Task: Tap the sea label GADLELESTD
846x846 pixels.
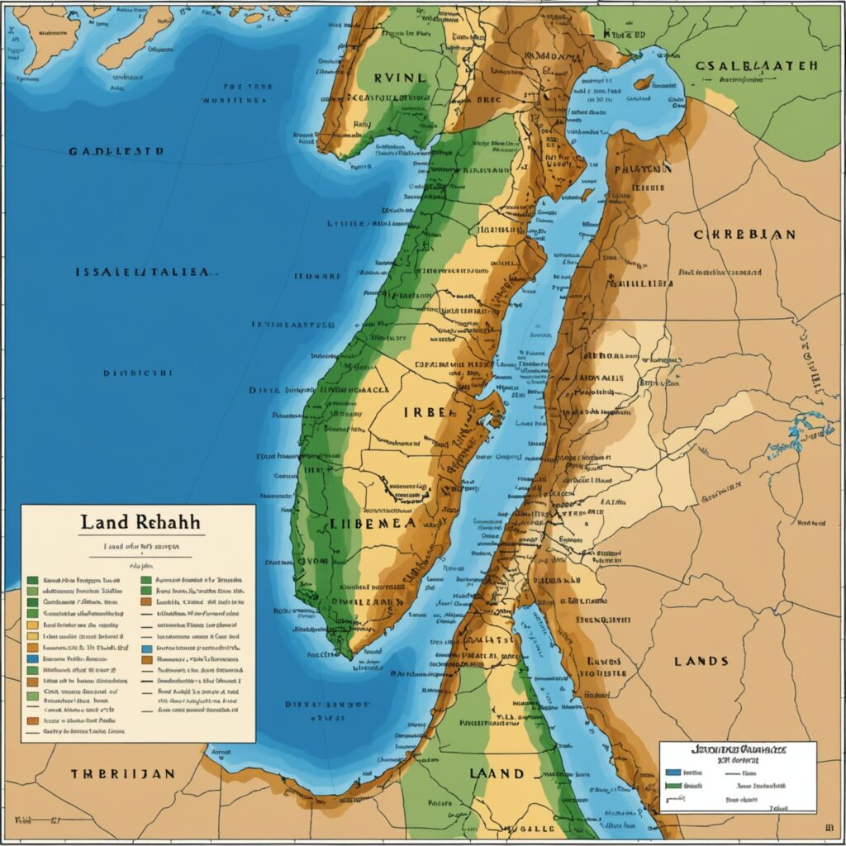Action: tap(116, 152)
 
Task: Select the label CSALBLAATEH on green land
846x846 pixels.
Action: tap(755, 65)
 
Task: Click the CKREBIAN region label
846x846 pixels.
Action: tap(744, 234)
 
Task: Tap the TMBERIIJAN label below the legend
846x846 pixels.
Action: tap(121, 773)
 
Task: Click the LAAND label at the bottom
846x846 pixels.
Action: tap(497, 773)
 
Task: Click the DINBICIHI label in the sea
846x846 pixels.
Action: tap(138, 373)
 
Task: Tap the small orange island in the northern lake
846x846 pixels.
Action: tap(643, 82)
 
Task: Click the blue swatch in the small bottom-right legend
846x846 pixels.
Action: tap(673, 771)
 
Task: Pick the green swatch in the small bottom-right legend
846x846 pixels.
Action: tap(673, 787)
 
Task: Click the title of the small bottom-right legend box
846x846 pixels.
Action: tap(737, 749)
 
